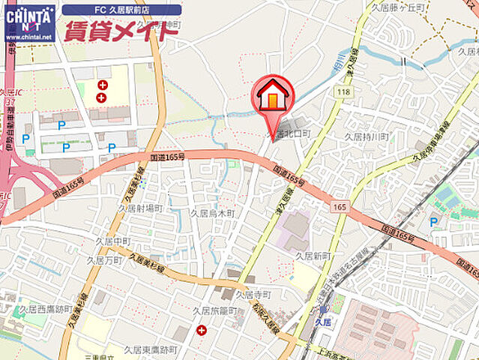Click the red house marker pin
[x=273, y=96]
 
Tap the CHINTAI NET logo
[x=29, y=22]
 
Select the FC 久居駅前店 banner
[x=121, y=10]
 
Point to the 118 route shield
[x=343, y=91]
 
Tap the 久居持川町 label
[x=366, y=136]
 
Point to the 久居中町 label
[x=113, y=241]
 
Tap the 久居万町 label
[x=104, y=260]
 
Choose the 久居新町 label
[x=313, y=256]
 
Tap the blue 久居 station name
[x=323, y=321]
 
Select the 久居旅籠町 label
[x=214, y=310]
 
